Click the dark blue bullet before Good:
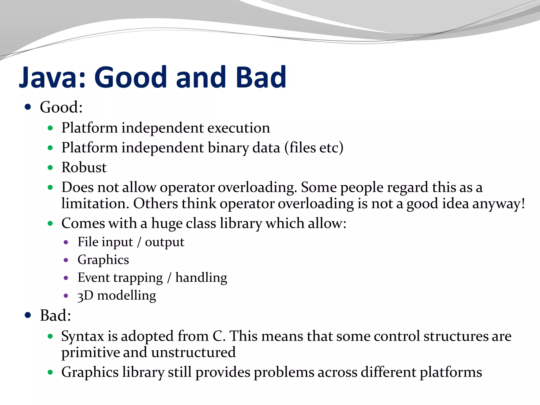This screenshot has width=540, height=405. pos(28,107)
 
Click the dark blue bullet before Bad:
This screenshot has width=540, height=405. pos(28,315)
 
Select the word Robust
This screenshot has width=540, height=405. pos(84,167)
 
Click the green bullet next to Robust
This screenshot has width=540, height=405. pos(50,168)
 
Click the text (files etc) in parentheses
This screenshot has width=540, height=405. pos(314,148)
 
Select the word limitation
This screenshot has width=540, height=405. pos(95,204)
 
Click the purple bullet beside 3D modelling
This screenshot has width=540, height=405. pos(66,296)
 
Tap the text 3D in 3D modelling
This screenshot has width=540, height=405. pos(85,296)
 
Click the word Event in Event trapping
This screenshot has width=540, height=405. pos(94,278)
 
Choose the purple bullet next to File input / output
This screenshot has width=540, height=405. pos(66,242)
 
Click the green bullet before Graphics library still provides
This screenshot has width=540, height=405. pos(50,372)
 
